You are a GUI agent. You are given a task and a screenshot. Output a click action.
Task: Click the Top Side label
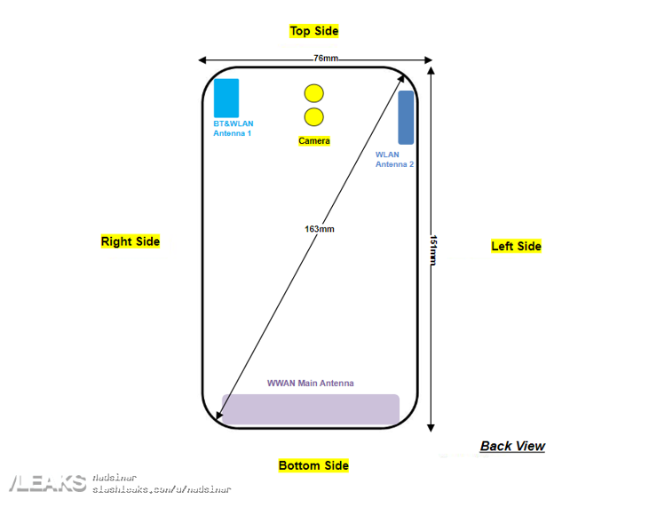point(313,31)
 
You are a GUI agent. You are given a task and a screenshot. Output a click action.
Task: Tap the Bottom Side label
point(313,465)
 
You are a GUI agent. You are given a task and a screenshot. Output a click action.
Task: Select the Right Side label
point(131,242)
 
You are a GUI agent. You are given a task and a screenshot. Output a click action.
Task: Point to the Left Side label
point(516,246)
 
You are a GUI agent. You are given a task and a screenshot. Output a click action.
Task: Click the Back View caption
point(512,446)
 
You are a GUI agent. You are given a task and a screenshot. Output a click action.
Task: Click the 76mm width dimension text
point(325,59)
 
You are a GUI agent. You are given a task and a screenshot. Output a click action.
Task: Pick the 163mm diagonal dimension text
point(319,228)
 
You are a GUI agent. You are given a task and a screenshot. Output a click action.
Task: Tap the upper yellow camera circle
point(313,93)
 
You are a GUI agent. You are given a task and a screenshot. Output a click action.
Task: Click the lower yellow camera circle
point(313,117)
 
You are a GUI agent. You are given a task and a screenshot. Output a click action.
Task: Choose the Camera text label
point(314,141)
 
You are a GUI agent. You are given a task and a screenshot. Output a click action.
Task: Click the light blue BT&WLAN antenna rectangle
point(226,98)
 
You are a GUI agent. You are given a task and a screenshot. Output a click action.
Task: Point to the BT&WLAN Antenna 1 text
point(233,129)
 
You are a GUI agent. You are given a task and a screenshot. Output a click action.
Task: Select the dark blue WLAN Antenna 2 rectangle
point(406,117)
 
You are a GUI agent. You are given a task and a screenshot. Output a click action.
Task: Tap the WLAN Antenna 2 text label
point(394,159)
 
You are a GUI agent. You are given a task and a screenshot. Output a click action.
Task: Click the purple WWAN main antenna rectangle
point(310,409)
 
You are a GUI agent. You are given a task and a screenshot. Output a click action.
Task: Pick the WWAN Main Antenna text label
point(311,384)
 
